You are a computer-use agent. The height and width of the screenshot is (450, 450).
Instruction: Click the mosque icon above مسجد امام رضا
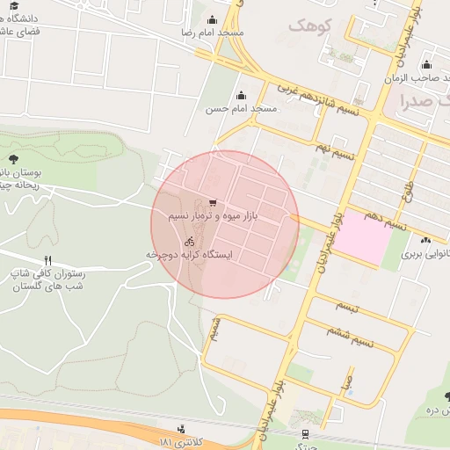coord(212,20)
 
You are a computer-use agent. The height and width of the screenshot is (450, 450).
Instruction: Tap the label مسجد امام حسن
coord(241,109)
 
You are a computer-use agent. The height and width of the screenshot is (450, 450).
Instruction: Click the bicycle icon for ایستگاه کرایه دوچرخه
coord(190,241)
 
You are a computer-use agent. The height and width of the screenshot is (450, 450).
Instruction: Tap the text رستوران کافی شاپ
coord(47,274)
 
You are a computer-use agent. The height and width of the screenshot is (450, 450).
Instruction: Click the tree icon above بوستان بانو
coord(13,159)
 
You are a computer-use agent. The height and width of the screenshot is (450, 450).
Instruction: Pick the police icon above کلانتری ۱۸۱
coord(181,429)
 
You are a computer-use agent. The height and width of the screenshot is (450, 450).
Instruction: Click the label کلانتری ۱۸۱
coord(181,440)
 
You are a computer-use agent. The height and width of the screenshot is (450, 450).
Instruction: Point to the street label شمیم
coord(214,329)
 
